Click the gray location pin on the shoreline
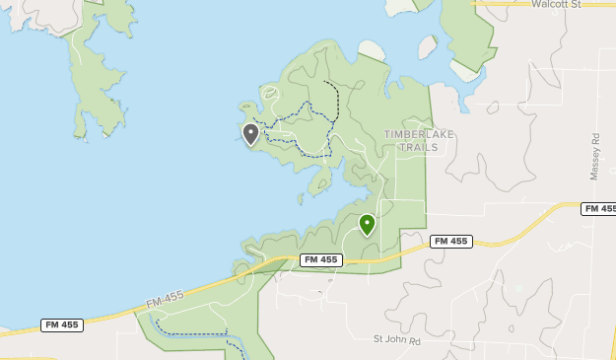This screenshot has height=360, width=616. click(250, 133)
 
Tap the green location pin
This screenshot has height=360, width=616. click(367, 225)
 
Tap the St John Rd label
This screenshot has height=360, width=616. click(396, 340)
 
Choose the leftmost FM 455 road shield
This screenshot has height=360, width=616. click(62, 324)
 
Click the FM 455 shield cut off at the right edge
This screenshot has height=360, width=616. click(598, 208)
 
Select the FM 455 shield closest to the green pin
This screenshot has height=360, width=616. click(450, 241)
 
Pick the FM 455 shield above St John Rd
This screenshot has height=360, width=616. click(321, 259)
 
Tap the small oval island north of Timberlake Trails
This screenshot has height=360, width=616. click(428, 46)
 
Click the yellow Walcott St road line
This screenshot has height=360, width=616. click(513, 4)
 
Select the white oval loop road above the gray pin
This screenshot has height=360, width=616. click(272, 92)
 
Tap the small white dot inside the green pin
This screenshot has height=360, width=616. click(367, 222)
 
